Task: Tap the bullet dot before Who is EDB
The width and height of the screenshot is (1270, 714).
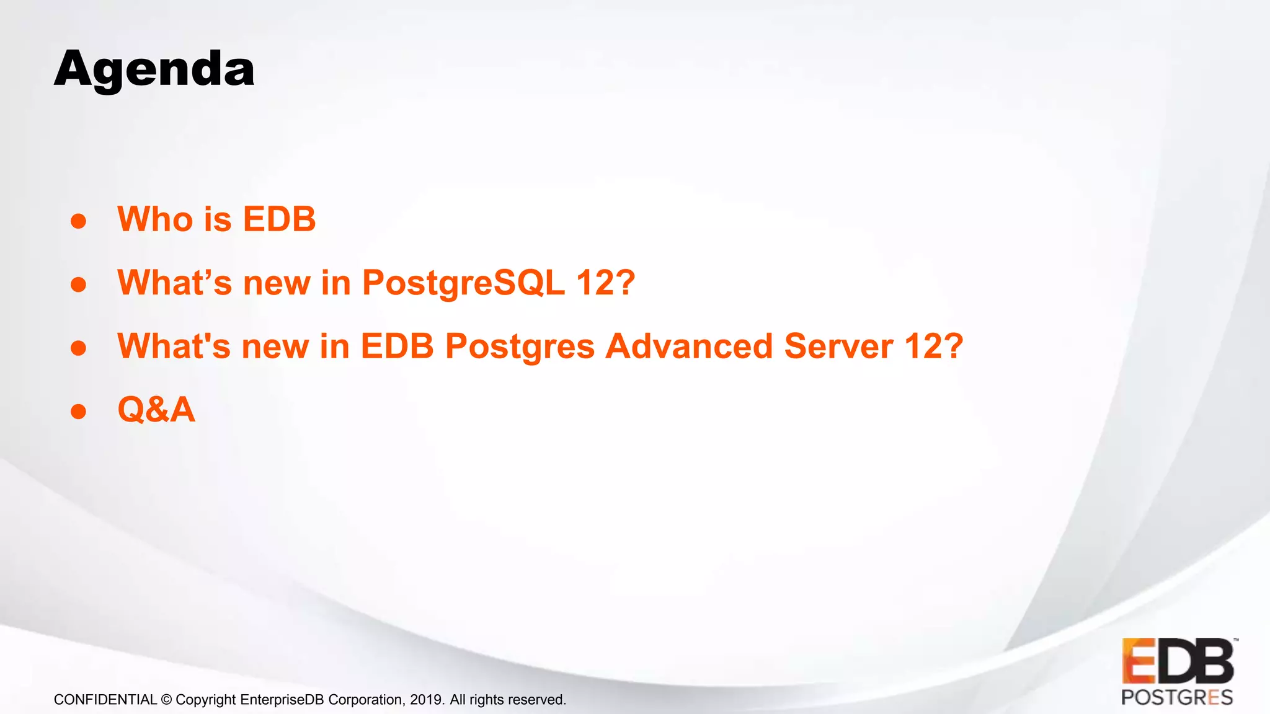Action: click(x=78, y=221)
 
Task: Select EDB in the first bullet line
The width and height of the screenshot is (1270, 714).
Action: click(x=279, y=219)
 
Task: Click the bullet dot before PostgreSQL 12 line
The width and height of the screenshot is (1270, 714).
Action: click(x=78, y=284)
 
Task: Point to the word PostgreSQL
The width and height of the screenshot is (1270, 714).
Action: click(x=463, y=283)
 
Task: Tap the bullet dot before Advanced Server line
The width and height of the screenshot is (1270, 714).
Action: click(x=78, y=348)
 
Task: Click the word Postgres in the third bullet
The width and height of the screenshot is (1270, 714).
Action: click(x=520, y=347)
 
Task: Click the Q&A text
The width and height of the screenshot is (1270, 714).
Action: click(x=156, y=410)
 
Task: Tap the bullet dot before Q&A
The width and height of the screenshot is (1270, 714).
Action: click(x=78, y=412)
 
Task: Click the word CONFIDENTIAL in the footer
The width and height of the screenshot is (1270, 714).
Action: click(x=105, y=700)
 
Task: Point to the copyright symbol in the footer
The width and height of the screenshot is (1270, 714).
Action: click(x=166, y=700)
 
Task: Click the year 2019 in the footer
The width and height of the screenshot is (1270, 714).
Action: click(x=426, y=700)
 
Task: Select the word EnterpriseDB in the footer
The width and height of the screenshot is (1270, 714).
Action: click(x=282, y=700)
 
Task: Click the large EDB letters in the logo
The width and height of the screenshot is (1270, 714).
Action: click(x=1178, y=661)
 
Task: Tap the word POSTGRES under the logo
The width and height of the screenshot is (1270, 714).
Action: click(x=1176, y=698)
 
